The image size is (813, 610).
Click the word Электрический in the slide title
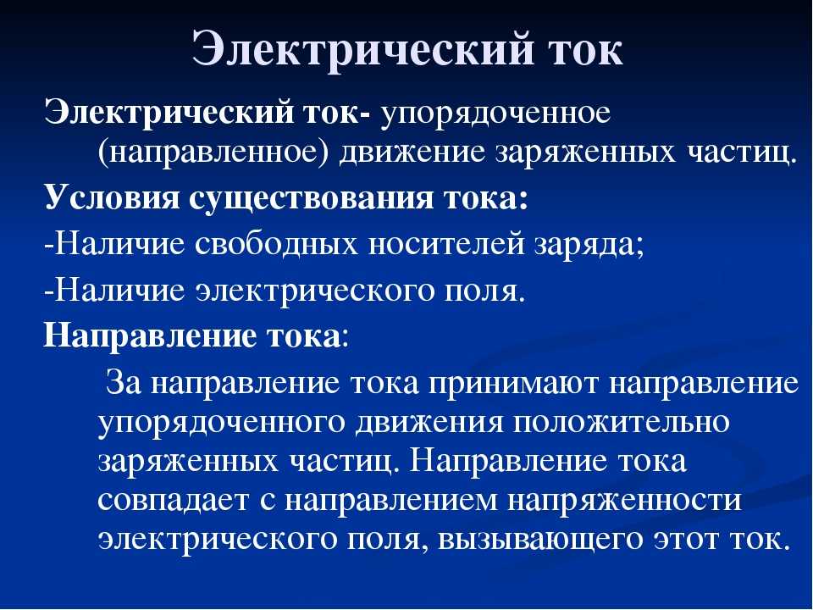pyautogui.click(x=362, y=50)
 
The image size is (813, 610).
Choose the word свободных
pyautogui.click(x=277, y=245)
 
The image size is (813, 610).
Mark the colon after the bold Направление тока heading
pyautogui.click(x=345, y=339)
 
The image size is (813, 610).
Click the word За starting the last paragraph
pyautogui.click(x=122, y=383)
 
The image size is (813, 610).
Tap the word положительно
pyautogui.click(x=622, y=423)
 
